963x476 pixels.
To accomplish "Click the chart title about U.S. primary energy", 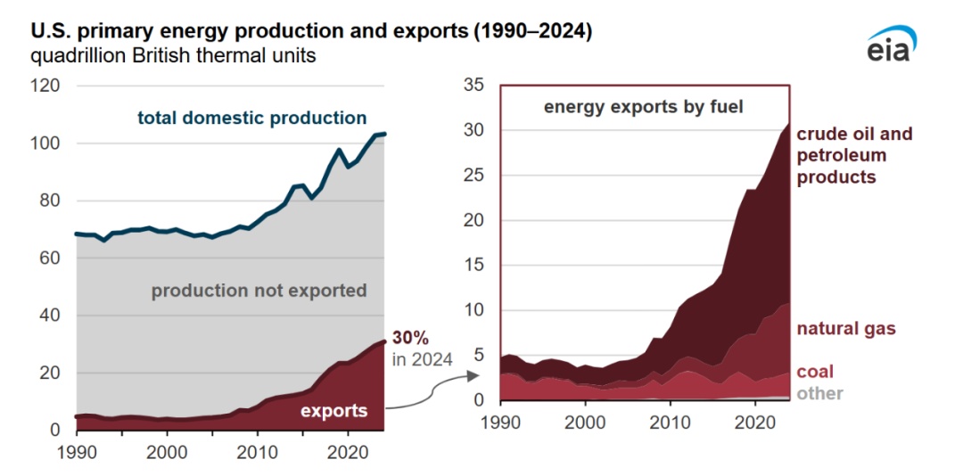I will tap(312, 31).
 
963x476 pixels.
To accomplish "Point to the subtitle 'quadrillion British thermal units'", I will tap(174, 56).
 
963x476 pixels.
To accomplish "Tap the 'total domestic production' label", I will tap(251, 118).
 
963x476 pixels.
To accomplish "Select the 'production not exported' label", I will tap(259, 291).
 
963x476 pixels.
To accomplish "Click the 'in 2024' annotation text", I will tap(423, 359).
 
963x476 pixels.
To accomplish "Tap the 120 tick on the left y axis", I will tap(45, 86).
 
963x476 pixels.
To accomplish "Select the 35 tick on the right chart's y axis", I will tap(473, 86).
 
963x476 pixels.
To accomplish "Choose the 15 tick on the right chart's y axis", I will tap(473, 266).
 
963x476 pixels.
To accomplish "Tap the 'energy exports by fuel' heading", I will tap(644, 108).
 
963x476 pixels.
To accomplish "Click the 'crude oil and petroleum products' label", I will tap(853, 155).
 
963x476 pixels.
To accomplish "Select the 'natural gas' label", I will tap(845, 329).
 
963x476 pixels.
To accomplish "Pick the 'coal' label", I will tap(815, 372).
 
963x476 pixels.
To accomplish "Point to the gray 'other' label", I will tap(819, 393).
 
